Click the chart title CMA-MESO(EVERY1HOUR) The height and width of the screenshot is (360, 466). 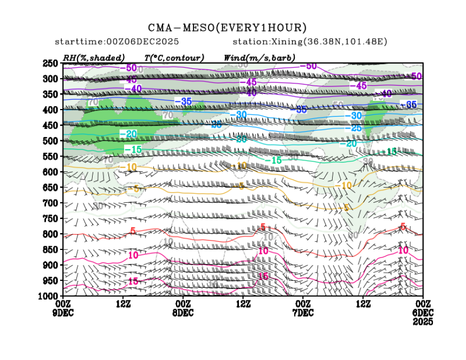coord(228,28)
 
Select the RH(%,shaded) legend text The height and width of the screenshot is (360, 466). coord(94,57)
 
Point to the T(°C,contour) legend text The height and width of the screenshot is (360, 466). coord(174,57)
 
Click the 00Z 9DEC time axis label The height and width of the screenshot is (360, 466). coord(63,308)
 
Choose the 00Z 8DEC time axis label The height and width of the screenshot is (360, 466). coord(183,308)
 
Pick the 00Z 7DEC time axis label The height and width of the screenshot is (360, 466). coord(303,308)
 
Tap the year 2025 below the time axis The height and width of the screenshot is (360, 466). coord(423,322)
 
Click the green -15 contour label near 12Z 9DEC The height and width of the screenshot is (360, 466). coord(133,149)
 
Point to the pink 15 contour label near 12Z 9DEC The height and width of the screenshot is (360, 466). coord(133,282)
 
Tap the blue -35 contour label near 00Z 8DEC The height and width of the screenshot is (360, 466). coord(183,101)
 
